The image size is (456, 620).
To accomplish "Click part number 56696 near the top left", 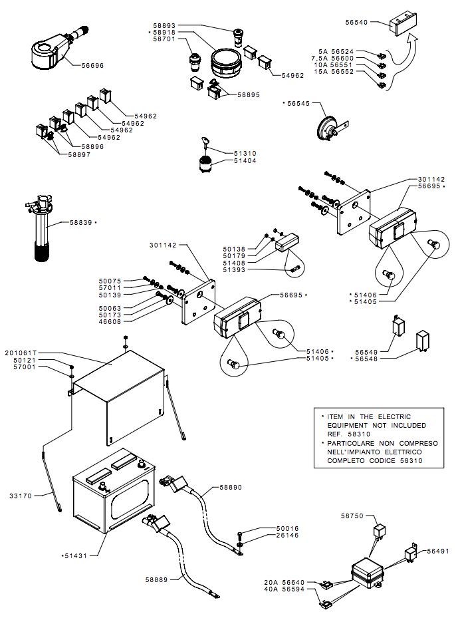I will tap(93, 66).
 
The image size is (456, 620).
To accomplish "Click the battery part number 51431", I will tap(77, 554).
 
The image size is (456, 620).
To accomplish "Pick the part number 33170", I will tap(21, 495).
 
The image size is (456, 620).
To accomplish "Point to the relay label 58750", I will tap(353, 516).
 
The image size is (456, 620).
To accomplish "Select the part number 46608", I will tap(111, 321).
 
